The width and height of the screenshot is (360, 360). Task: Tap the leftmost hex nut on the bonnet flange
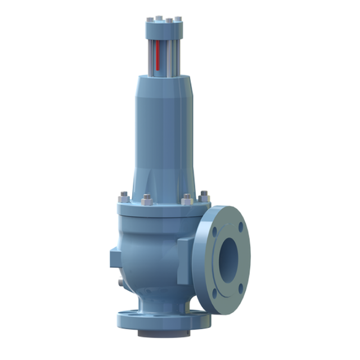[124, 198]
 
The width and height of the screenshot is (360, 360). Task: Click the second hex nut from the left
[147, 200]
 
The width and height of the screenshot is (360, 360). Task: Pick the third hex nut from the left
[187, 200]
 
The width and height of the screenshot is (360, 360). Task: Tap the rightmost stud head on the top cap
[178, 19]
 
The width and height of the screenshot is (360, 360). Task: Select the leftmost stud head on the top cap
[148, 20]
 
